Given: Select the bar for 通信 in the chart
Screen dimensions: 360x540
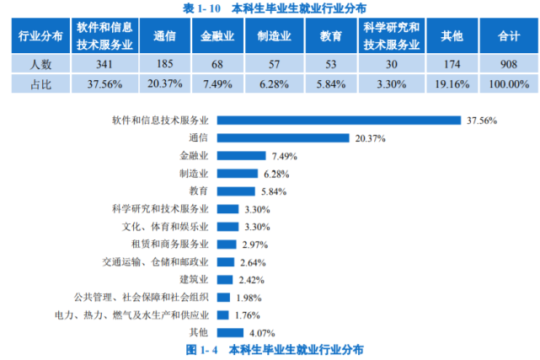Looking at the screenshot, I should pyautogui.click(x=282, y=138).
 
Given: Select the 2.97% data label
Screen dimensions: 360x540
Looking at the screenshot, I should pyautogui.click(x=254, y=244).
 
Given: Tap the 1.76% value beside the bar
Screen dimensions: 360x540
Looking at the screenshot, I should pyautogui.click(x=245, y=314).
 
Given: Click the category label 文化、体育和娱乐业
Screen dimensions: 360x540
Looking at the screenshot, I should pyautogui.click(x=166, y=227).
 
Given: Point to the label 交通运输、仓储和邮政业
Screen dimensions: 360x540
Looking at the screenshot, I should pyautogui.click(x=156, y=261).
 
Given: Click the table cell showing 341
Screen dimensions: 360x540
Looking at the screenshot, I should pyautogui.click(x=104, y=65).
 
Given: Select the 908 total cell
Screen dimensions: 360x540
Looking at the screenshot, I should pyautogui.click(x=508, y=65).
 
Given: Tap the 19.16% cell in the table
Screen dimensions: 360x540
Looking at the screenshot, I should pyautogui.click(x=452, y=83).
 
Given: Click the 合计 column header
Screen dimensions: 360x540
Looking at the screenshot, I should pyautogui.click(x=508, y=37).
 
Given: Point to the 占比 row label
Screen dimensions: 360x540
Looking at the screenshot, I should pyautogui.click(x=40, y=83).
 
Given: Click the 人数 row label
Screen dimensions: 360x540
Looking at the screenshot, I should pyautogui.click(x=40, y=65).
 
